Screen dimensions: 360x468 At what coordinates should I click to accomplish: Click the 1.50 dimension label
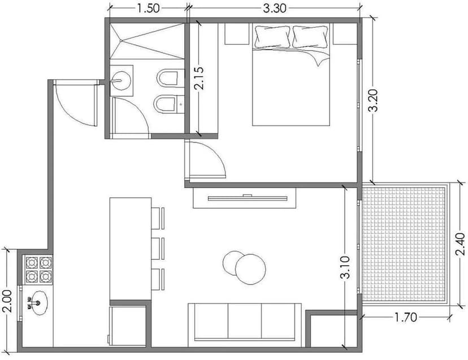tap(148, 8)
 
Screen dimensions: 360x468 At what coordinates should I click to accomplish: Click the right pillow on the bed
tap(311, 37)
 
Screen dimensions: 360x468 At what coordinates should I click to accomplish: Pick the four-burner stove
tap(37, 269)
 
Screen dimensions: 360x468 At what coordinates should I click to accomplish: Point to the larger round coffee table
tap(250, 269)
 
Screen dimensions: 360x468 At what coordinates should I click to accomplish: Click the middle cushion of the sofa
tap(245, 321)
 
